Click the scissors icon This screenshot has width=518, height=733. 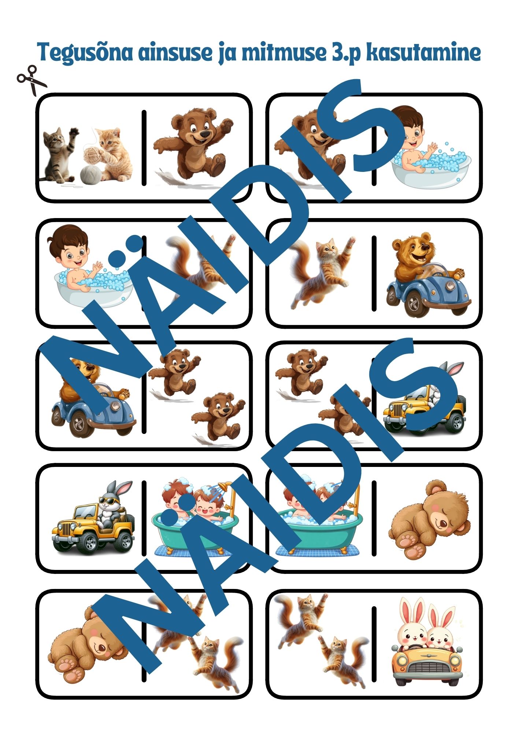(32, 80)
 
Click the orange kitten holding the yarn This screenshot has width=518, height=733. (112, 154)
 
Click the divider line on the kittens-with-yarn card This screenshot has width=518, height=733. (144, 147)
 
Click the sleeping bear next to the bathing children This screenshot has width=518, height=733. (429, 520)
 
